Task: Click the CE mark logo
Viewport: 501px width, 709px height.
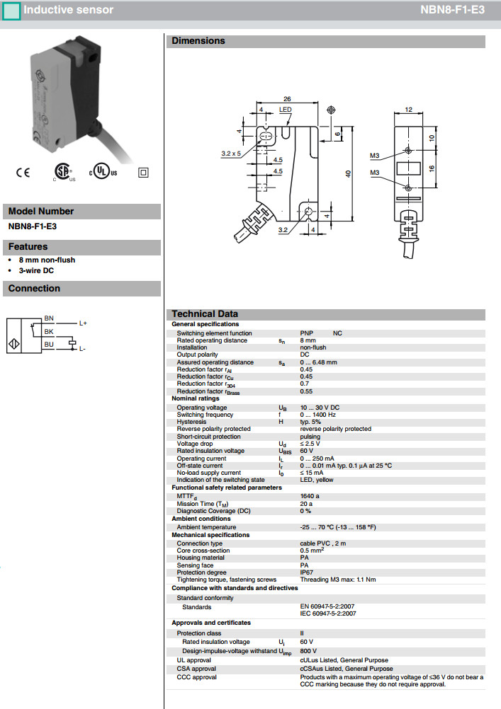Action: tap(23, 171)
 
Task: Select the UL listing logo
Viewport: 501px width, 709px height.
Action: tap(103, 172)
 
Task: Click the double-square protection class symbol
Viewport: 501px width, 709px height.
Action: tap(143, 171)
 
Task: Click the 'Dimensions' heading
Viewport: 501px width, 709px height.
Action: tap(198, 41)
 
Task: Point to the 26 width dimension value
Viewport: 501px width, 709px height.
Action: tap(287, 98)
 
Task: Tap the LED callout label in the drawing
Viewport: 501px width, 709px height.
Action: tap(285, 110)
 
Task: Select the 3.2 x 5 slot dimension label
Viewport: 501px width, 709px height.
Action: tap(231, 154)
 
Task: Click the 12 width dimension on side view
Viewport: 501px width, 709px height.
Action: tap(408, 109)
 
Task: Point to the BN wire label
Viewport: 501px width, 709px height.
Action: tap(49, 318)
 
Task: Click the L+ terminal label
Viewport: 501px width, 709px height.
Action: tap(83, 323)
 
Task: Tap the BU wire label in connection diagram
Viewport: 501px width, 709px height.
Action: tap(49, 344)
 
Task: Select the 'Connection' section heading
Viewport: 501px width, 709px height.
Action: tap(34, 289)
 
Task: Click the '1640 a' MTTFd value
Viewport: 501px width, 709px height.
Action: tap(310, 497)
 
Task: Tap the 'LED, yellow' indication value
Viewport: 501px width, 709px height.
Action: tap(317, 480)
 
